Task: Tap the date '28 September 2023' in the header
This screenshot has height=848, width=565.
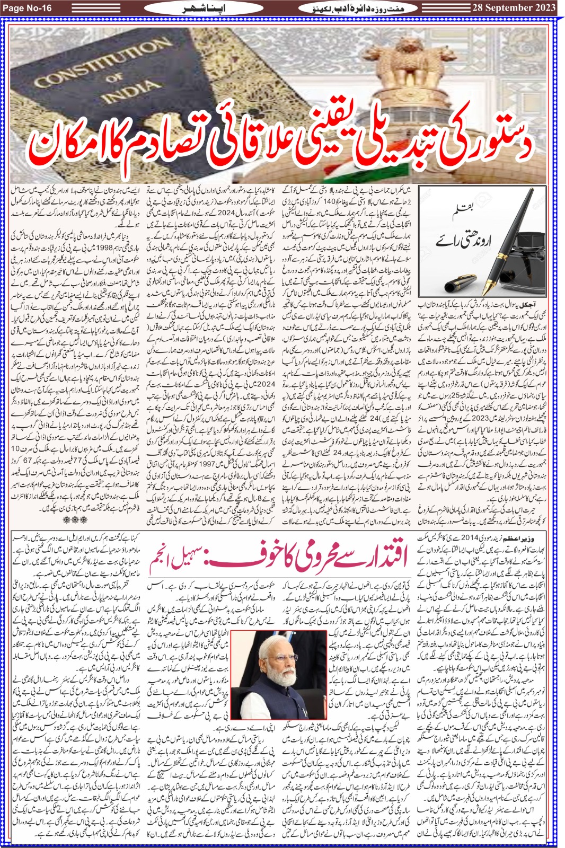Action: click(514, 7)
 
